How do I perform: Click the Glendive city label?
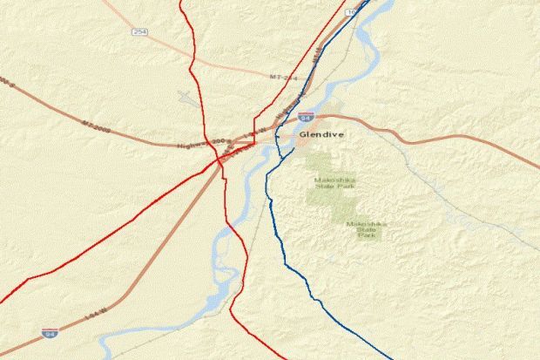pyautogui.click(x=320, y=136)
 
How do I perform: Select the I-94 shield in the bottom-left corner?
pyautogui.click(x=51, y=332)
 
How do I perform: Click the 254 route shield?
pyautogui.click(x=140, y=32)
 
